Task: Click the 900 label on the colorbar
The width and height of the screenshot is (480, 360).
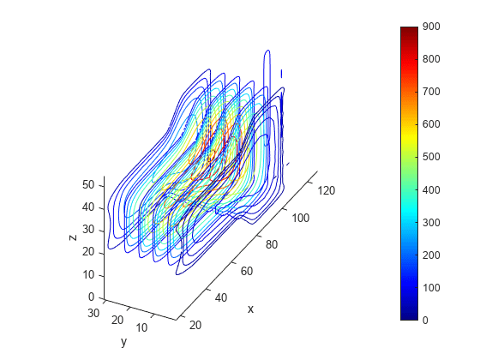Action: point(431,27)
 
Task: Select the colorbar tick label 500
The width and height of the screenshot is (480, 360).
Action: point(431,157)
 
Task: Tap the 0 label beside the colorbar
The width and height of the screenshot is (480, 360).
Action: point(425,321)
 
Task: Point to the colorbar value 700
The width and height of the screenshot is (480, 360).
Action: point(431,92)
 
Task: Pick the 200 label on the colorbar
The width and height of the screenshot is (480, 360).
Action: point(431,255)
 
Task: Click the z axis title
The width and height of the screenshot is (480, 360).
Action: point(73,237)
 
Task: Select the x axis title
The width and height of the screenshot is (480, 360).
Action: point(250,309)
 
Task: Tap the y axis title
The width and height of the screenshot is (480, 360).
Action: point(123,342)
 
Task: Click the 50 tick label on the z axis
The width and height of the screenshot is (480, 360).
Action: point(88,185)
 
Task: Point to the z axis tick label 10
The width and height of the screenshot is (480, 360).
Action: point(88,274)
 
